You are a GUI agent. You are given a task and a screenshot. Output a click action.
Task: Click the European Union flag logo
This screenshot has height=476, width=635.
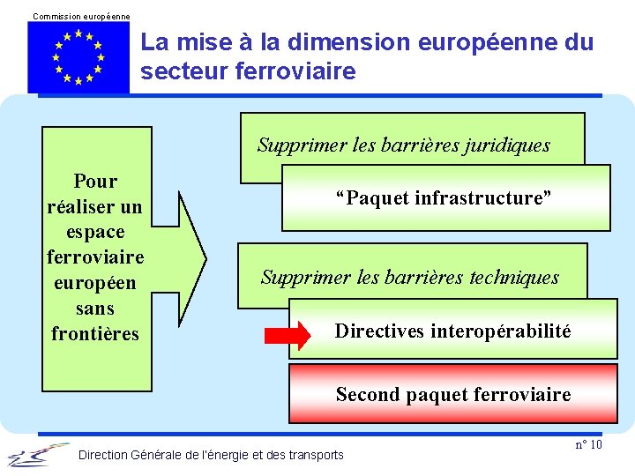(x=78, y=56)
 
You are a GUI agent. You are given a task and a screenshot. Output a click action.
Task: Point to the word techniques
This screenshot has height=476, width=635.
(x=516, y=278)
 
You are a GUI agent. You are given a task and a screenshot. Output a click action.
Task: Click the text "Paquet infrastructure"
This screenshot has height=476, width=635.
(x=443, y=197)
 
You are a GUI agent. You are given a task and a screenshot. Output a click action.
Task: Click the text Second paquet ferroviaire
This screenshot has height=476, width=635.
(x=452, y=395)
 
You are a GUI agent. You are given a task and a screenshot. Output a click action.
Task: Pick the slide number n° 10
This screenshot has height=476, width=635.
(x=588, y=444)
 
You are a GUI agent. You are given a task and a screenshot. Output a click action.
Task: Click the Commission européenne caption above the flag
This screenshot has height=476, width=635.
(x=81, y=17)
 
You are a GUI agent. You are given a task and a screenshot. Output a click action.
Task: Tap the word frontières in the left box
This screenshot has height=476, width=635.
(x=95, y=334)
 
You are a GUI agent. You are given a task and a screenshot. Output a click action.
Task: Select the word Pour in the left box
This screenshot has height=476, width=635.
(x=95, y=182)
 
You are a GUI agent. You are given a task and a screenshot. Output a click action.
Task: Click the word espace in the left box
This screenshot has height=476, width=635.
(x=95, y=233)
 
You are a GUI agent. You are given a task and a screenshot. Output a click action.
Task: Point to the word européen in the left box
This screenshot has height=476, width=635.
(x=95, y=284)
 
